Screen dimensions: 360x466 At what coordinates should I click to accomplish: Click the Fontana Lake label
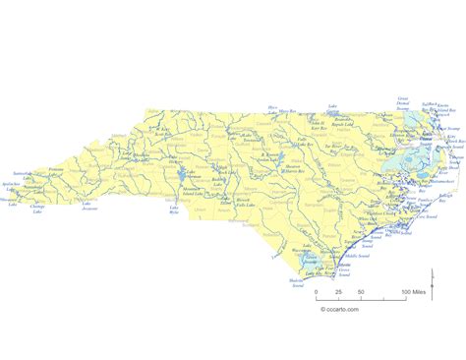(x=54, y=169)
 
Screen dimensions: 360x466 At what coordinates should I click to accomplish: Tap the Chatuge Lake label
(x=39, y=209)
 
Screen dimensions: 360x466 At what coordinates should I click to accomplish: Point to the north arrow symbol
(x=447, y=286)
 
